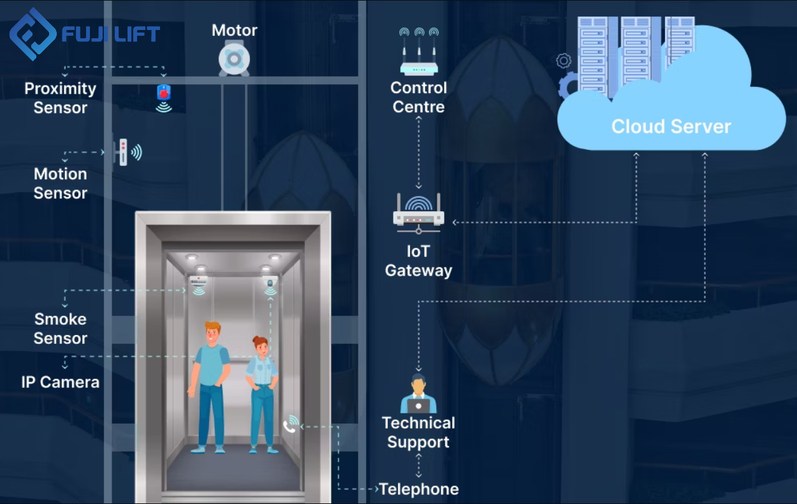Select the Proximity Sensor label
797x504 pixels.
61,98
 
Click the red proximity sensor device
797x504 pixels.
164,93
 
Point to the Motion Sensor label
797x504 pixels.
61,184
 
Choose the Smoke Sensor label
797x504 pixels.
61,329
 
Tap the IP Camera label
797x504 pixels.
61,382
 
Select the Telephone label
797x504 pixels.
419,489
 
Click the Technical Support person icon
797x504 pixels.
418,395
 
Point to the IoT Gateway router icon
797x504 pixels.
418,212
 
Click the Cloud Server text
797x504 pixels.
671,126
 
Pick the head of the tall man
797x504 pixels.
212,333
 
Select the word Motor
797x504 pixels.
235,30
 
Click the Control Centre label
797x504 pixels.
419,97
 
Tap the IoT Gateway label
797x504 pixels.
418,261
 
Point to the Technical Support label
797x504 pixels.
418,433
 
